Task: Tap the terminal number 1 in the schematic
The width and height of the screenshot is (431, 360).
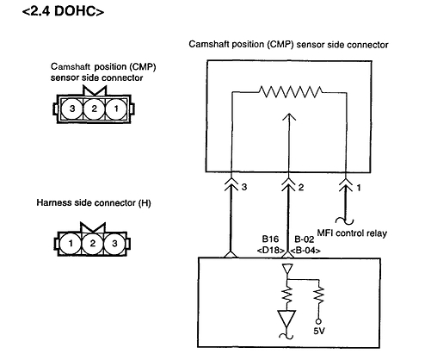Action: pos(358,186)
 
